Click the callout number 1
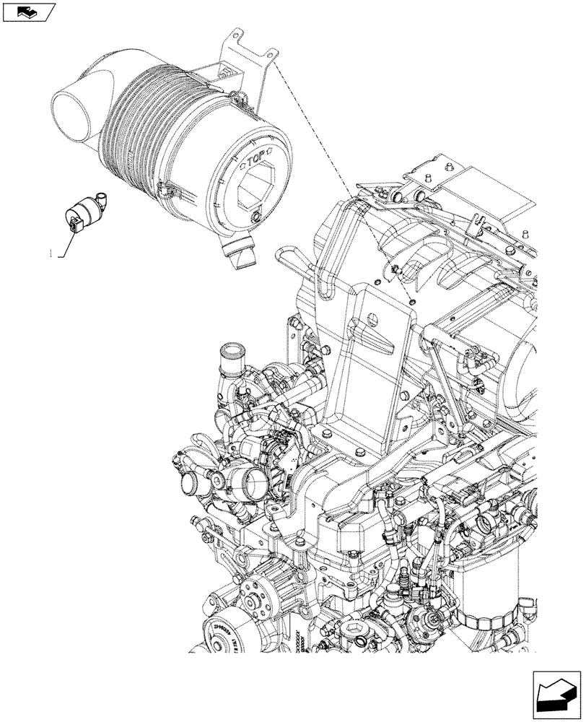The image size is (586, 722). pos(51,253)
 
